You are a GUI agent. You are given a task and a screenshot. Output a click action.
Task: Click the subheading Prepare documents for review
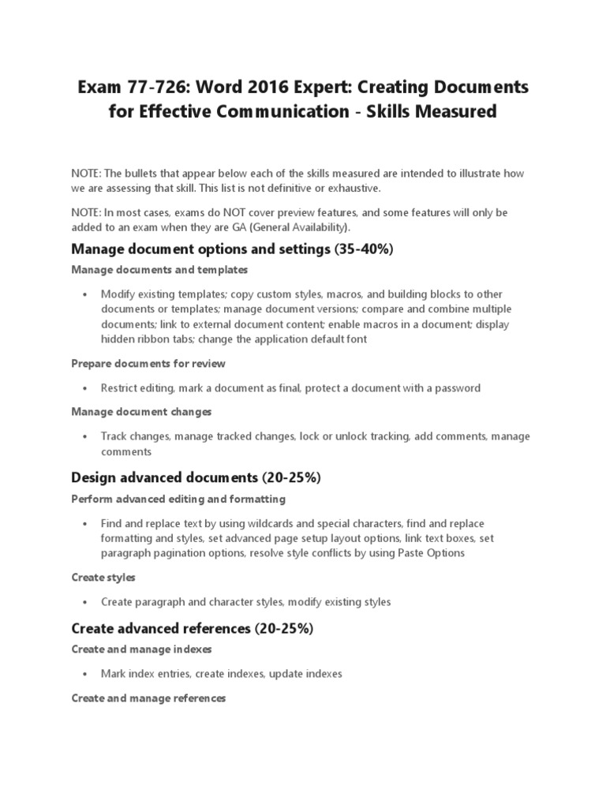(148, 364)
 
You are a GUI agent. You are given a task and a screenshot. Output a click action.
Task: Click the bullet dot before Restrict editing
(84, 388)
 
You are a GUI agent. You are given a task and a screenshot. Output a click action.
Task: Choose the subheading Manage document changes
(141, 412)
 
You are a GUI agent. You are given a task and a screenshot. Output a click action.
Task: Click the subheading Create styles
(103, 578)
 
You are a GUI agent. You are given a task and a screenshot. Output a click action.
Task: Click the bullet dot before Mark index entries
(84, 675)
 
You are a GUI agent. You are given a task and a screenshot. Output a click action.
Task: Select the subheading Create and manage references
(148, 698)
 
